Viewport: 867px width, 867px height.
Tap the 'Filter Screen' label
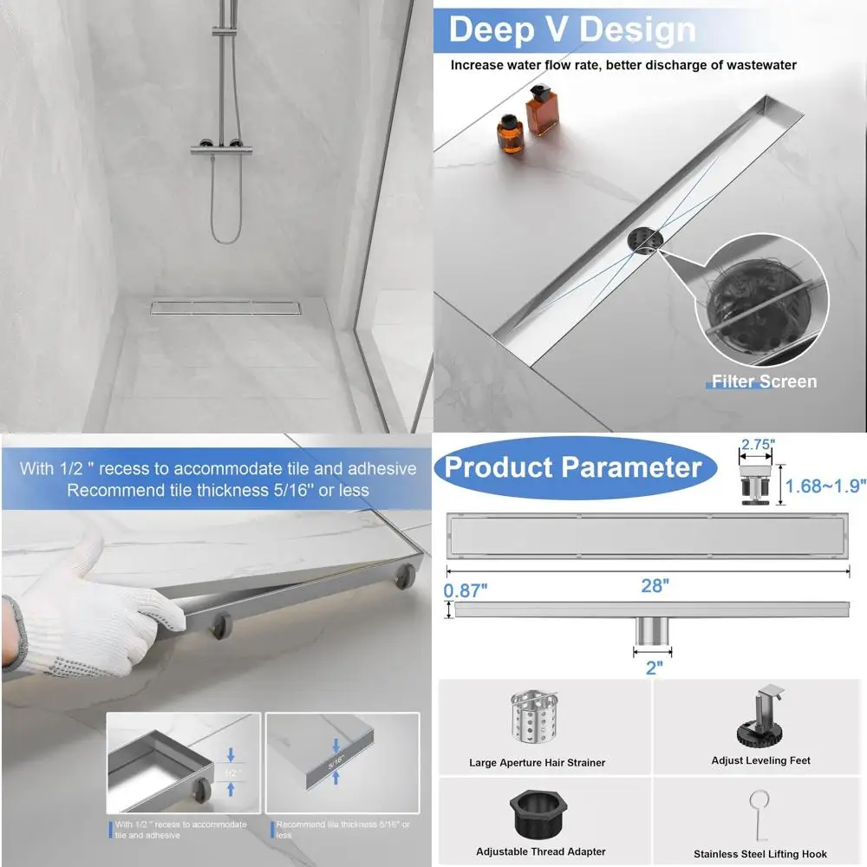pos(764,381)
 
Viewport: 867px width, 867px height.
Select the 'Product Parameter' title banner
pos(573,467)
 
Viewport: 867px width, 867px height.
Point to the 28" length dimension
pos(655,586)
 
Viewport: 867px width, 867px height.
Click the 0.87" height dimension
pos(466,590)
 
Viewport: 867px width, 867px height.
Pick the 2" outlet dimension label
pos(654,667)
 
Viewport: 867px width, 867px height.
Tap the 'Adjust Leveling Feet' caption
pos(760,760)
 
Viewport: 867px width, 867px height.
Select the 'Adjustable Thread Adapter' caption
pos(541,851)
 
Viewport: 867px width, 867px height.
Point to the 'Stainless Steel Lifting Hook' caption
pos(760,854)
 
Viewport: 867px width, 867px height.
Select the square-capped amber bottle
pos(540,111)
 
